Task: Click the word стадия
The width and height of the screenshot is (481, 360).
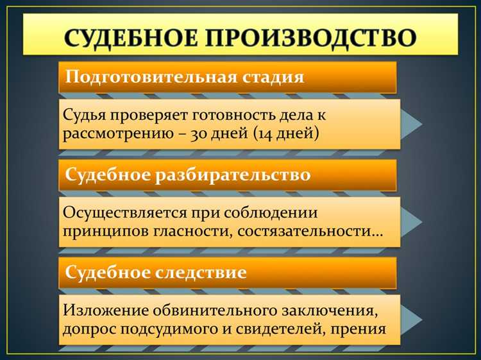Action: coord(272,78)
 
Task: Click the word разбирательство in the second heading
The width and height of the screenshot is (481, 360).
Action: coord(234,175)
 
